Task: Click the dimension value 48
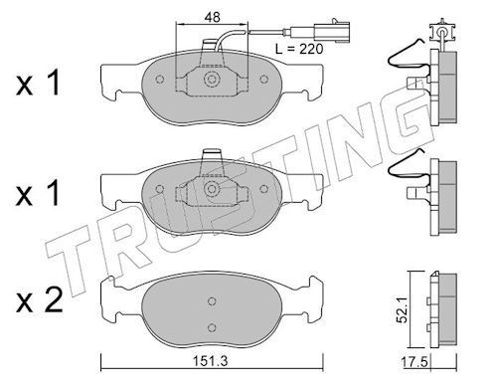click(x=212, y=17)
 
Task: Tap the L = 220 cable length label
click(x=299, y=49)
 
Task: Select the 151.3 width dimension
click(x=211, y=360)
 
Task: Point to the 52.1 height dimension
click(x=403, y=310)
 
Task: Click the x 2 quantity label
click(x=40, y=300)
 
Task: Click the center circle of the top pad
click(x=212, y=80)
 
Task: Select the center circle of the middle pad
click(x=212, y=189)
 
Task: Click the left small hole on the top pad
click(x=160, y=80)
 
